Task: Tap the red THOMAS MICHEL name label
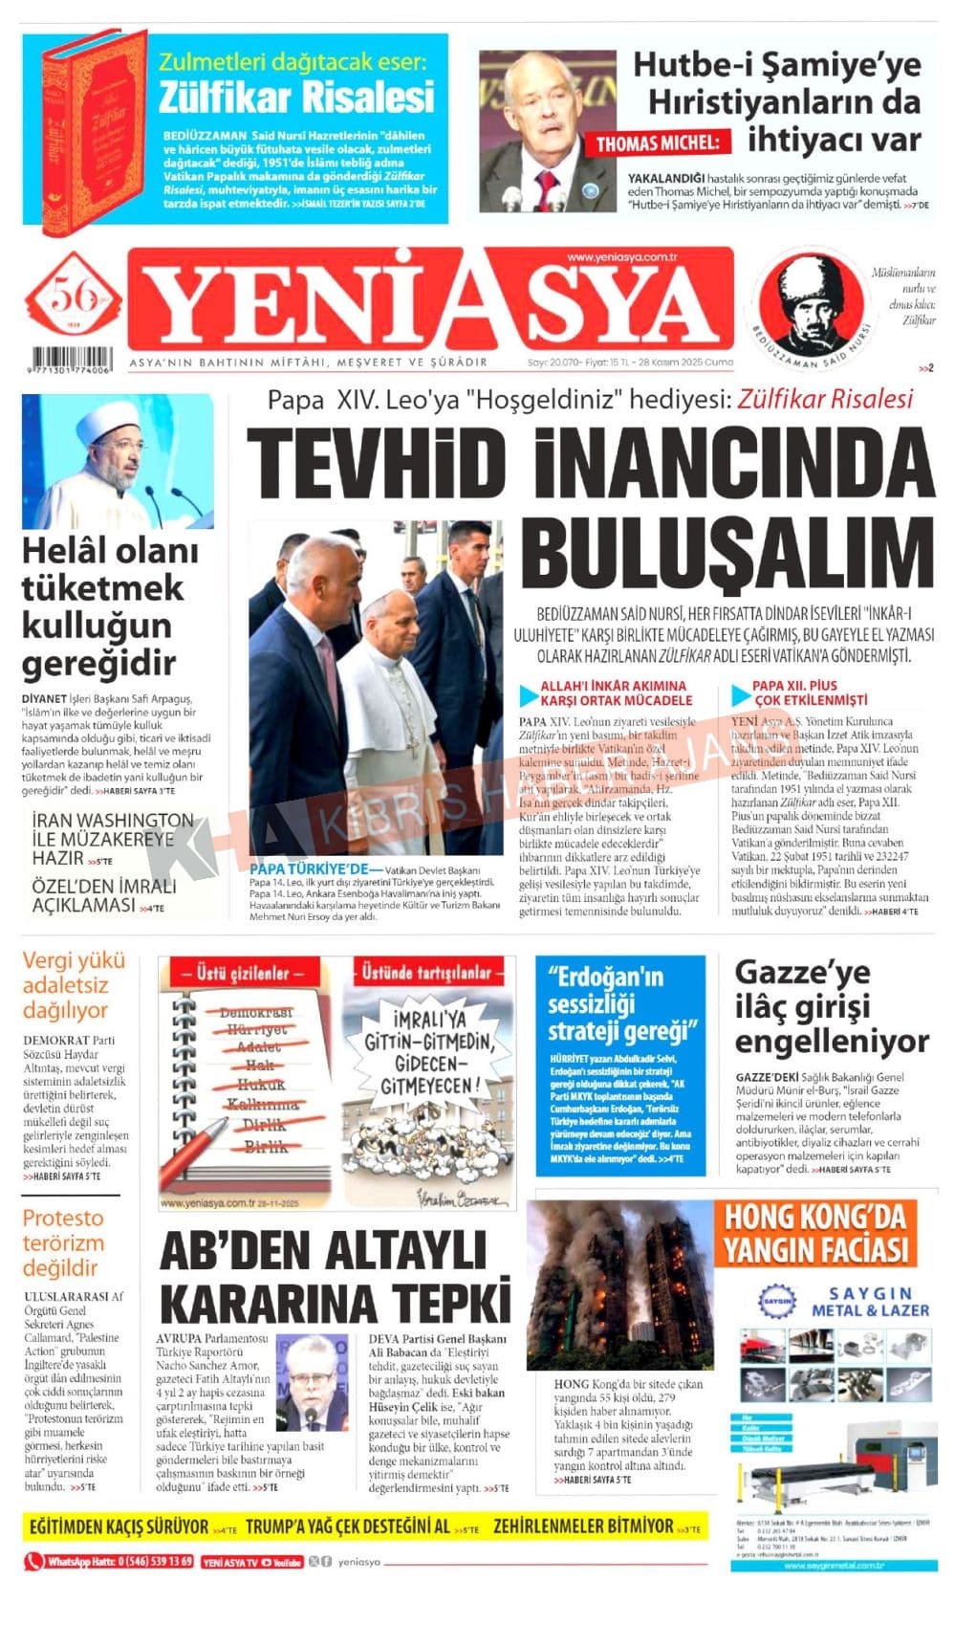657,143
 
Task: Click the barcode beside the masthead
69,356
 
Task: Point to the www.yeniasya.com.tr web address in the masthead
621,257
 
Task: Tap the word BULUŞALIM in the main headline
727,555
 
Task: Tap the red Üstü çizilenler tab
243,974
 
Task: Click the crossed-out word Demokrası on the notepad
255,1012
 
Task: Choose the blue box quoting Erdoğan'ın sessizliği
620,1065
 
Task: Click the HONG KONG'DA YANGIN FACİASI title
814,1234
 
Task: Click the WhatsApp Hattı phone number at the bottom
110,1561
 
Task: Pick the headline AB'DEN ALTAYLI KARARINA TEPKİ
335,1277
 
